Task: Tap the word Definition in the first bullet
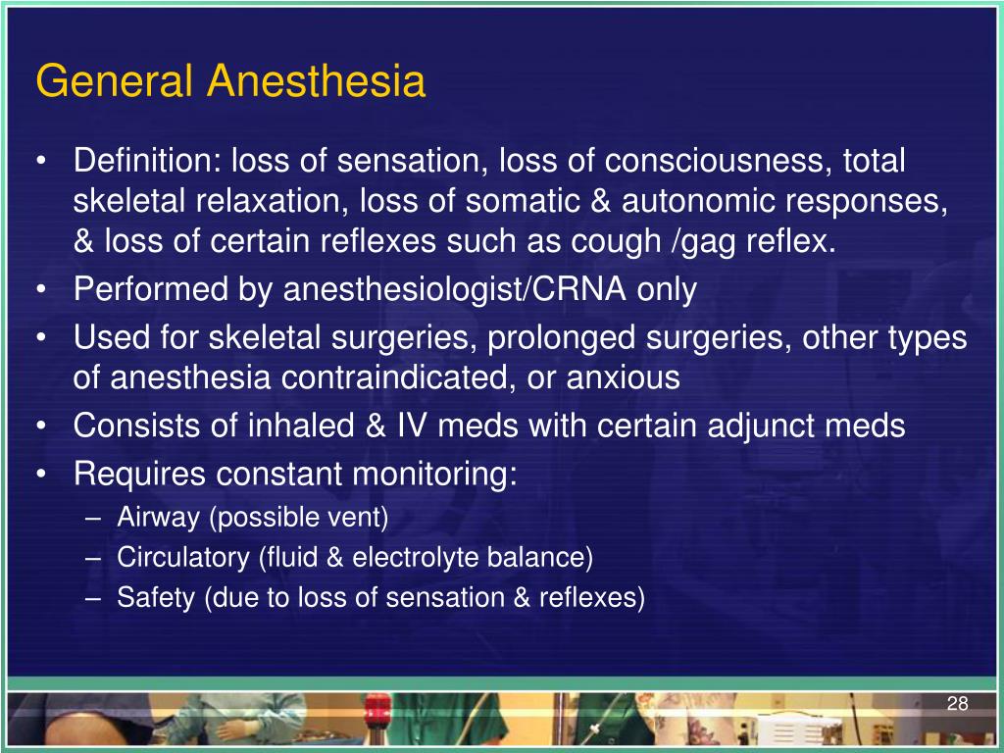[147, 161]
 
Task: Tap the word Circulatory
[183, 558]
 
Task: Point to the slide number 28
[957, 704]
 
